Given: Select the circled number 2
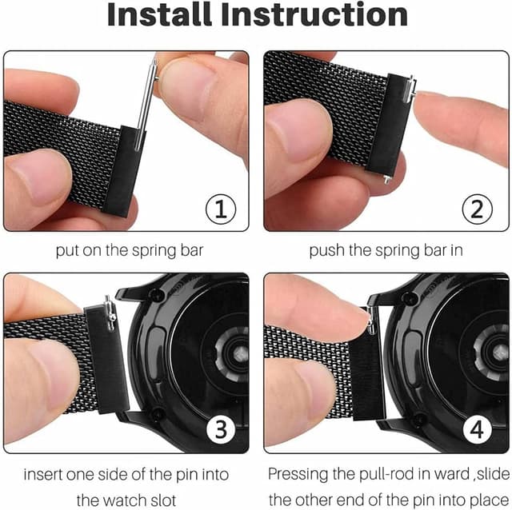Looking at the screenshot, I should point(477,209).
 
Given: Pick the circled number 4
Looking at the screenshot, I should point(477,430).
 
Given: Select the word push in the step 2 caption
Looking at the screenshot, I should point(326,250).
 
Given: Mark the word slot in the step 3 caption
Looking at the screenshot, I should point(177,500).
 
